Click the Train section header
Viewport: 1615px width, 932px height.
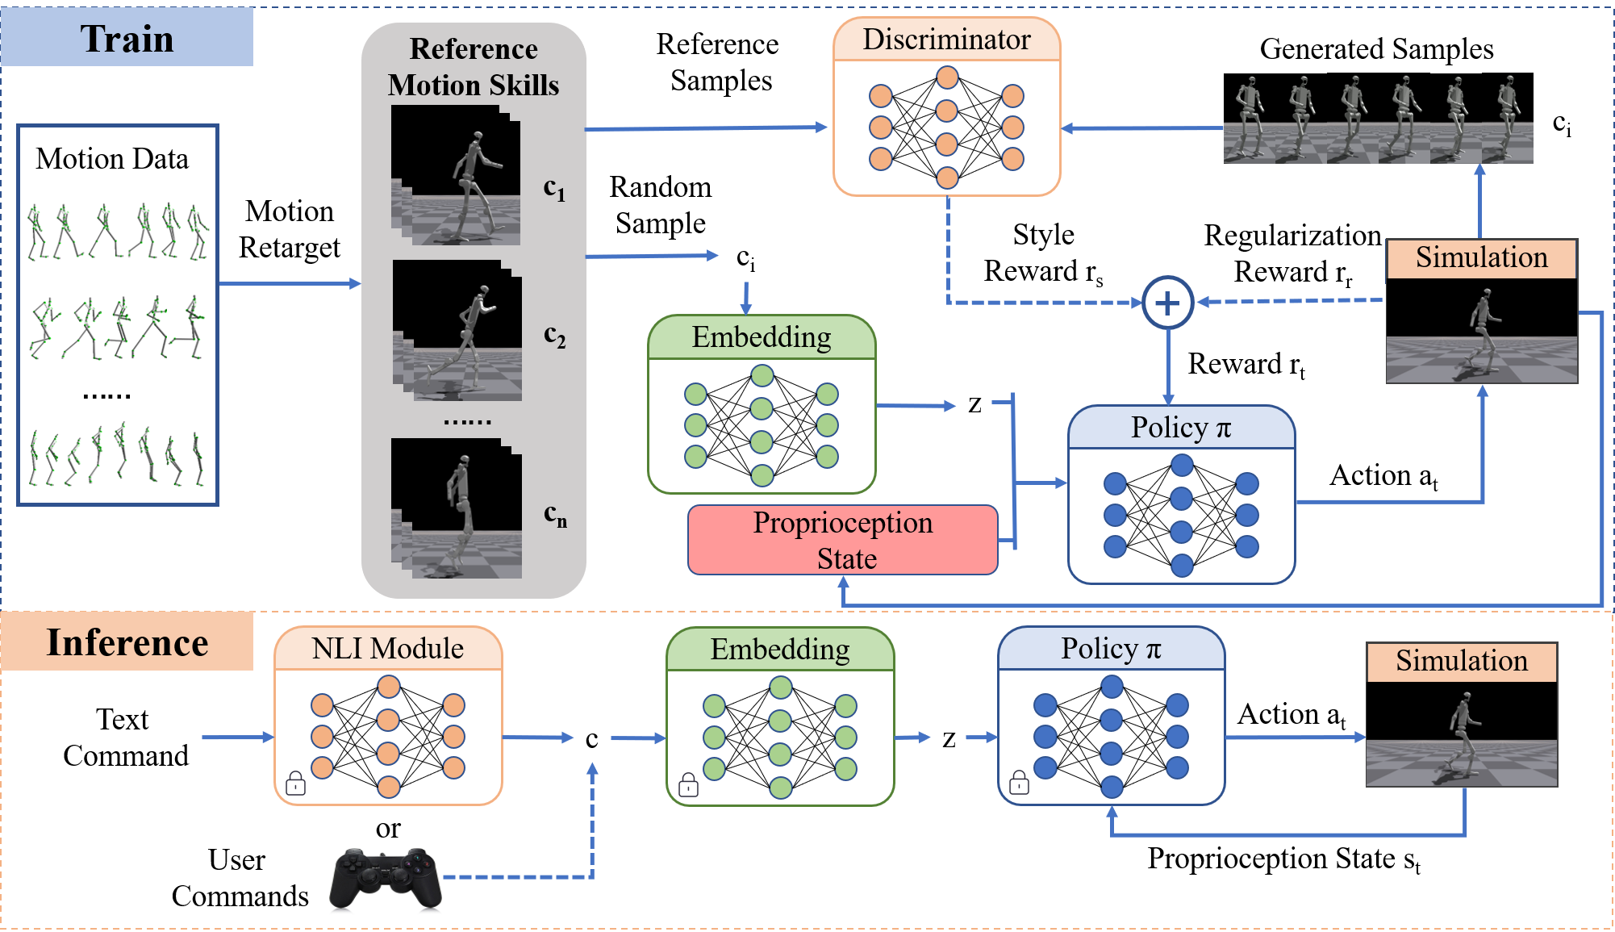click(127, 38)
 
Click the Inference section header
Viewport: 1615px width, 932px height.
click(127, 642)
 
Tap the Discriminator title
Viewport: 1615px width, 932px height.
click(946, 40)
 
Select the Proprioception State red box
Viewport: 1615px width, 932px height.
click(843, 540)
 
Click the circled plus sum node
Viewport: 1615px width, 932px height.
click(1167, 303)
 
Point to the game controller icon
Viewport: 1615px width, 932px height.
click(386, 878)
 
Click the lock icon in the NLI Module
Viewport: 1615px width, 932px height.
click(296, 783)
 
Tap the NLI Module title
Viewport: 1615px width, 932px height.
click(388, 649)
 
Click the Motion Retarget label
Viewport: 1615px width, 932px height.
click(290, 229)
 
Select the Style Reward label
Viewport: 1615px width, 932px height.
click(1043, 253)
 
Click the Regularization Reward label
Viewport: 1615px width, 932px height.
click(1292, 254)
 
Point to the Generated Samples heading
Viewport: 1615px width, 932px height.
click(1376, 49)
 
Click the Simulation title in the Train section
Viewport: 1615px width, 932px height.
click(1482, 257)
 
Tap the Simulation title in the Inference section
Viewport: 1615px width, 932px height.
click(1462, 661)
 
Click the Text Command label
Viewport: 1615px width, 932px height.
click(126, 738)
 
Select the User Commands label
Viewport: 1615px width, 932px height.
click(240, 878)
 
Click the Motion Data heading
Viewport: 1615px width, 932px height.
click(112, 159)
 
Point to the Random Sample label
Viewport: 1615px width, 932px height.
click(661, 205)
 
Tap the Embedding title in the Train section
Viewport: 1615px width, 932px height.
click(762, 337)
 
